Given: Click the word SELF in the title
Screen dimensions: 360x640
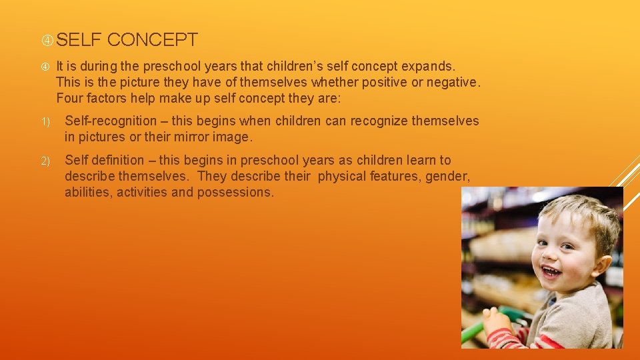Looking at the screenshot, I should [x=79, y=40].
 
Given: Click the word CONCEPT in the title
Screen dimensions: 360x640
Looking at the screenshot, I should [x=152, y=40].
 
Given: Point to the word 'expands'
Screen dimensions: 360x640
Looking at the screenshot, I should [x=428, y=67].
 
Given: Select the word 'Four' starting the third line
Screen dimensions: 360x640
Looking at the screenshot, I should [x=70, y=99].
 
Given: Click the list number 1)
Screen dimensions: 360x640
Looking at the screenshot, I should [x=46, y=122].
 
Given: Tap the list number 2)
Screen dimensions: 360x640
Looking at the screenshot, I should [x=46, y=161].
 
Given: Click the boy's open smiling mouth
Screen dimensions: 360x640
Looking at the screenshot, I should [x=551, y=271].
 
